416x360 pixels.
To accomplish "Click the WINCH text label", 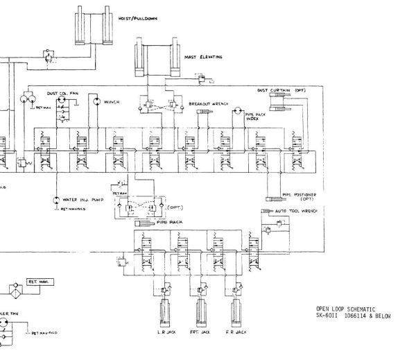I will [112, 102].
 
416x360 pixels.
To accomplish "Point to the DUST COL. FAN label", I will [61, 93].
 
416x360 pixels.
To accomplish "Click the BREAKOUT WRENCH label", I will [209, 104].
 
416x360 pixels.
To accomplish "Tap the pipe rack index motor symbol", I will [237, 111].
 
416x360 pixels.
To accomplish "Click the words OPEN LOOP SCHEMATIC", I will [338, 309].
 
